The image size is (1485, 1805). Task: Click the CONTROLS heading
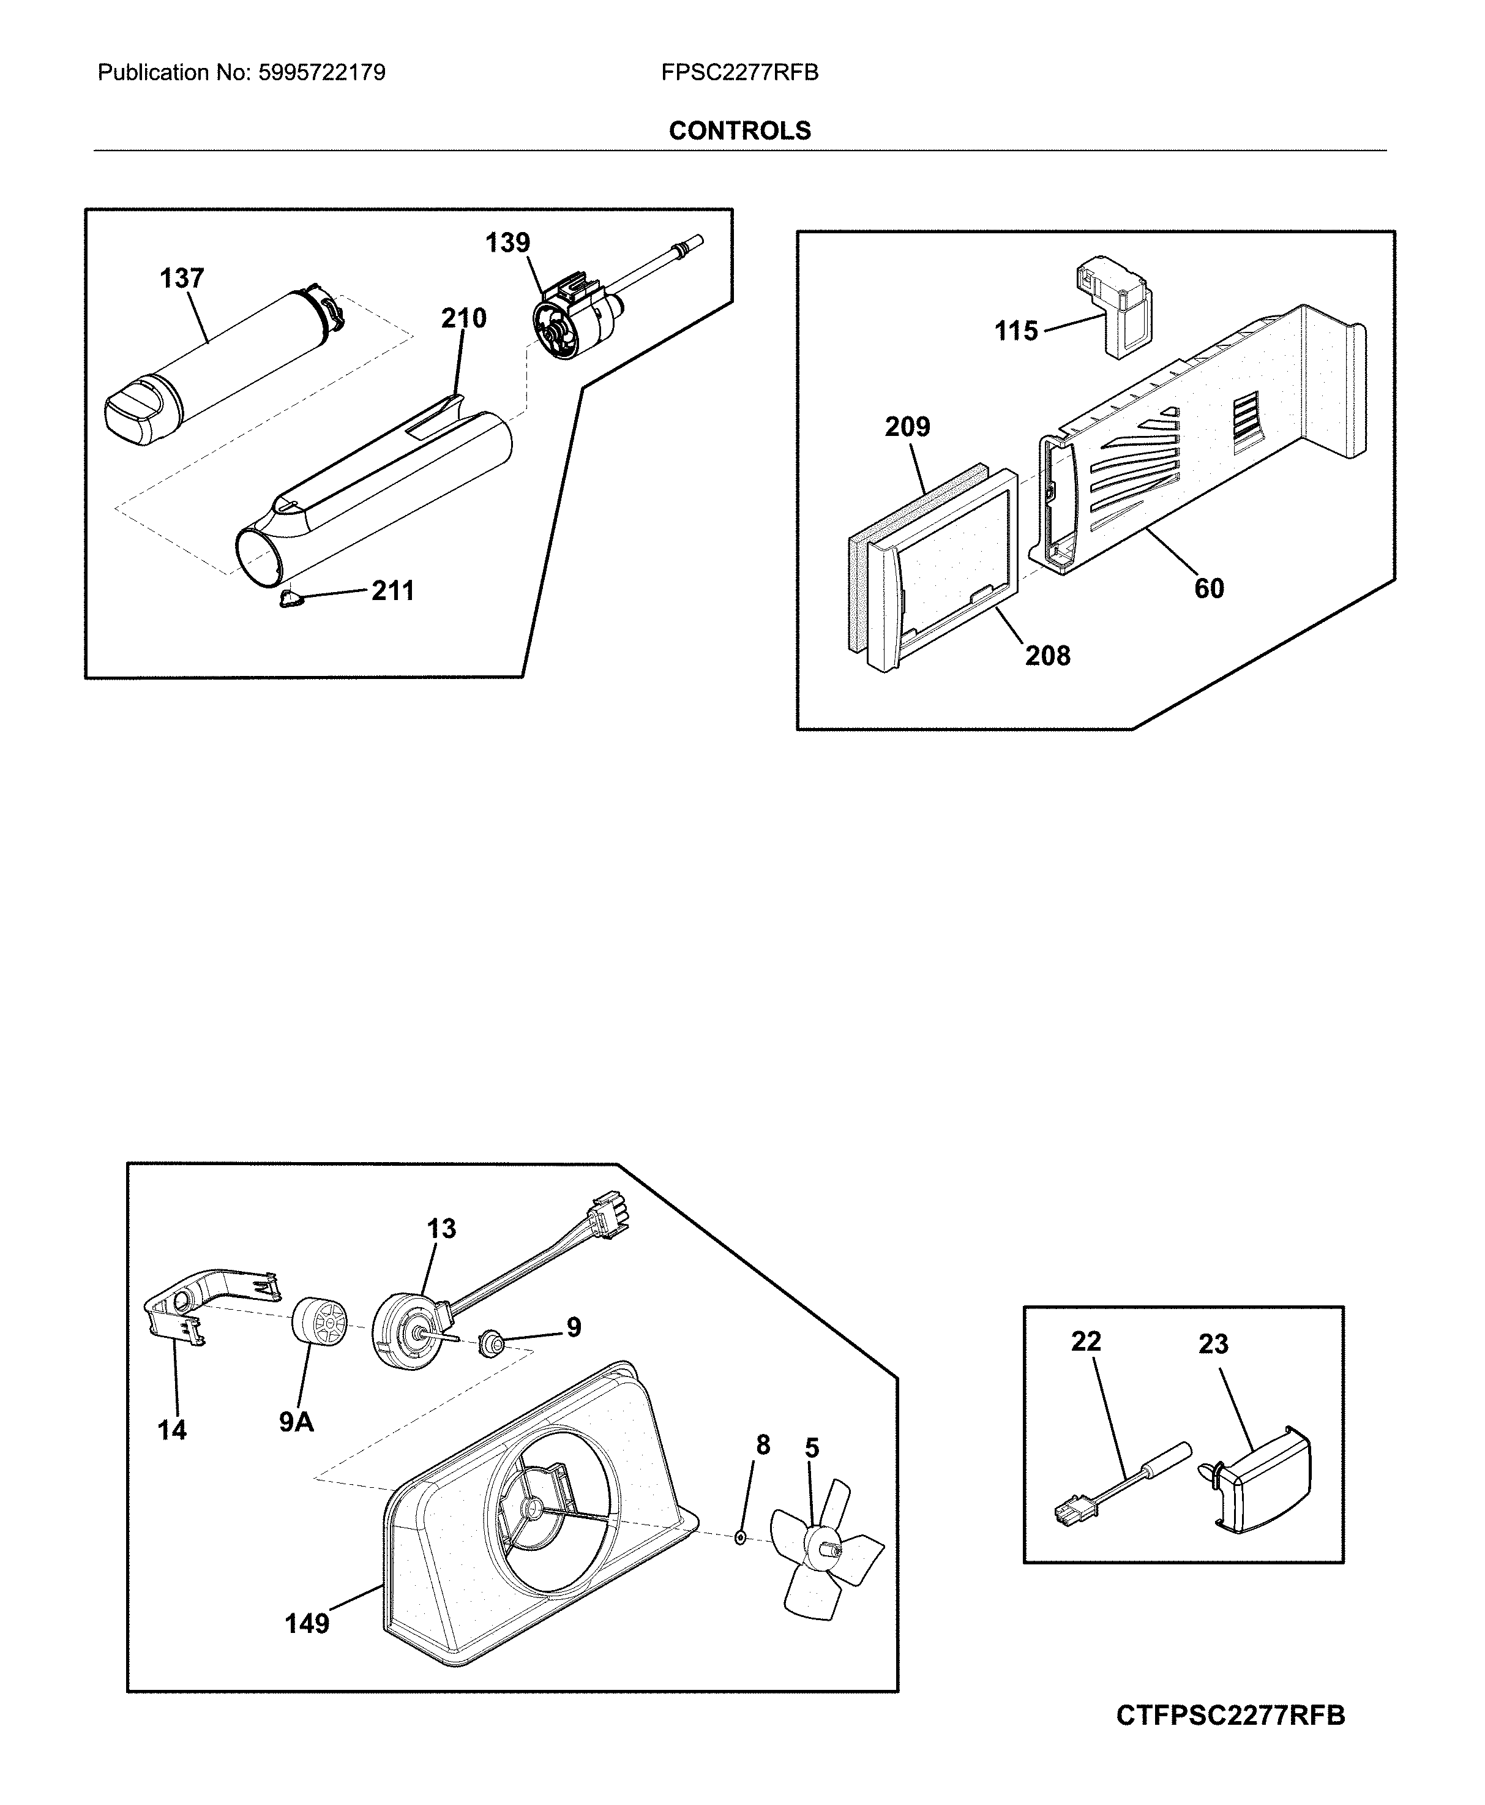click(x=740, y=131)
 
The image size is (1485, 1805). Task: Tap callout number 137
click(x=182, y=278)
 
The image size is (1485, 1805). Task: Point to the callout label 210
click(x=463, y=318)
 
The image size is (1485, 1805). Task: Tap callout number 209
click(x=908, y=426)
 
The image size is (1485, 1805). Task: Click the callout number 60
click(x=1210, y=588)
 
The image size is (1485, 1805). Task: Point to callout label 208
click(x=1048, y=656)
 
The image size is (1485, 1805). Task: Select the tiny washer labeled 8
click(x=741, y=1539)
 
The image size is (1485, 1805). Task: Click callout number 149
click(x=307, y=1624)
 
